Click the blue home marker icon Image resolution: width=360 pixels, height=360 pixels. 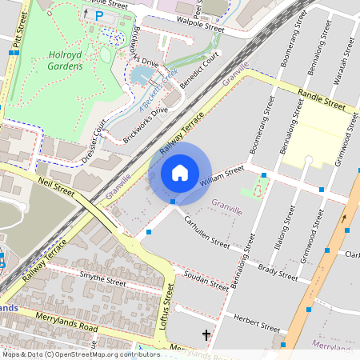[180, 172]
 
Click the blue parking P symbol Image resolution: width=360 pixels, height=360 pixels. [99, 15]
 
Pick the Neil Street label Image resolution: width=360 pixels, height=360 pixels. [56, 189]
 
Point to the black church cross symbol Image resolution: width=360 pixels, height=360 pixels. [206, 334]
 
